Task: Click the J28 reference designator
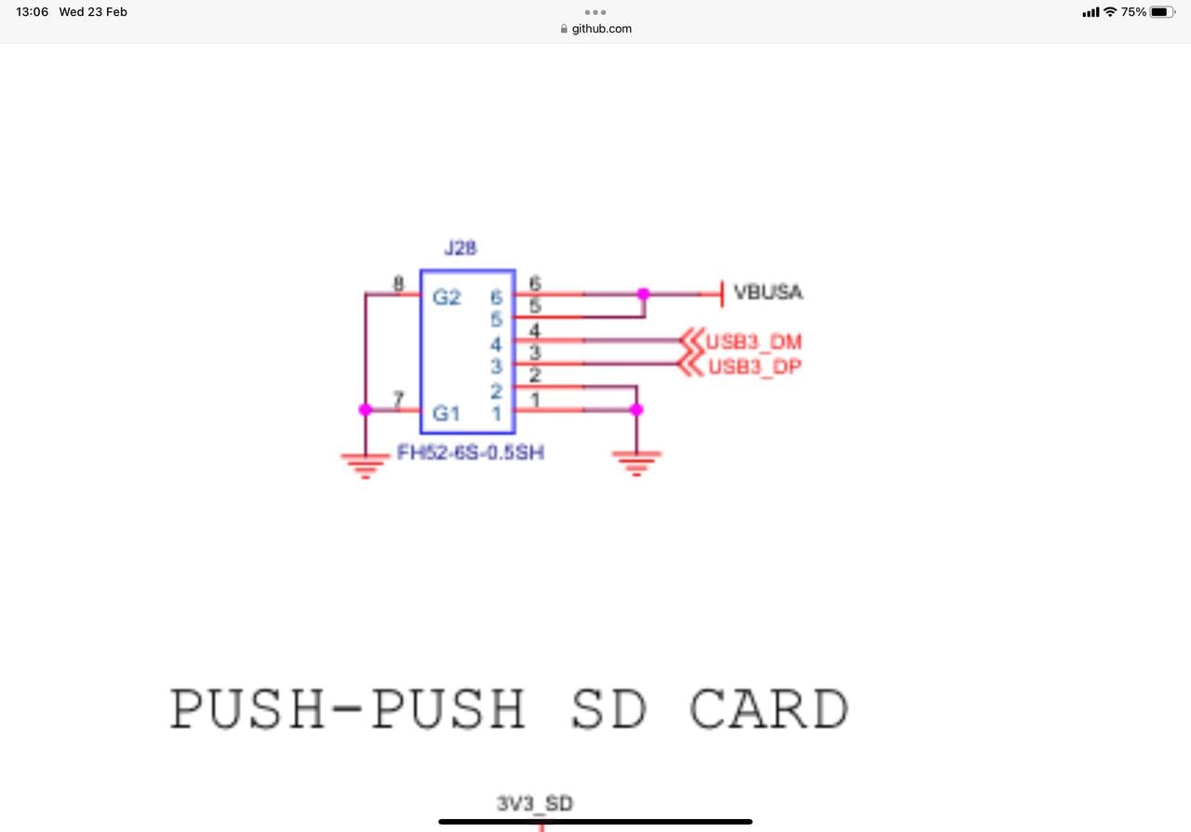point(461,249)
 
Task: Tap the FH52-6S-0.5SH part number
point(470,454)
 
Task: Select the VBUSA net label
point(768,292)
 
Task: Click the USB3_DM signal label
point(754,342)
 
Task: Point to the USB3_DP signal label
point(754,367)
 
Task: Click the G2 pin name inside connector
point(447,298)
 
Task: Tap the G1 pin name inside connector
point(447,413)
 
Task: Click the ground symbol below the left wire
point(365,463)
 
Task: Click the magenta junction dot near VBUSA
point(643,294)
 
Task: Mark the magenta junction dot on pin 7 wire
point(365,409)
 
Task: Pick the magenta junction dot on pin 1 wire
point(636,409)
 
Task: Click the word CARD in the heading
point(769,710)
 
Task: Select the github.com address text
point(601,29)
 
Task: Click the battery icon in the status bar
point(1162,12)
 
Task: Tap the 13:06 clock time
point(32,12)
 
